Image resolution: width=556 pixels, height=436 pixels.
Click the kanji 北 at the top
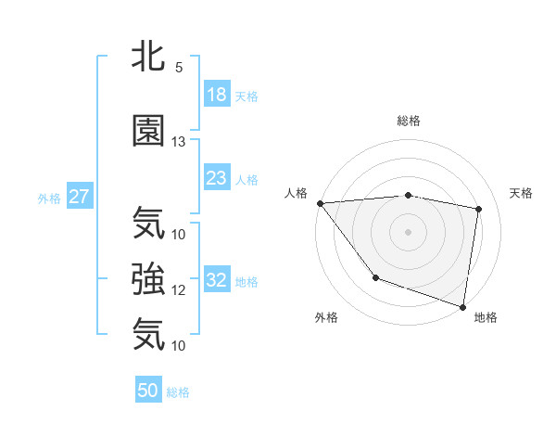pos(148,57)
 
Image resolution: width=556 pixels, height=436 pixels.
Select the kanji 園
pos(148,131)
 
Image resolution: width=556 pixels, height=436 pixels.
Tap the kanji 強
pos(148,278)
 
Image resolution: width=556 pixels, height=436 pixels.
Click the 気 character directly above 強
pos(148,223)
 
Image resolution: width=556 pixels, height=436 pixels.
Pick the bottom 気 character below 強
pos(148,334)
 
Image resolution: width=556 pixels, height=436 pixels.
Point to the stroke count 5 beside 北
pos(178,68)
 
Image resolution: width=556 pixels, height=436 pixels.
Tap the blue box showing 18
pos(217,95)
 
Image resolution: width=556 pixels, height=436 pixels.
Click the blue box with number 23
pos(217,178)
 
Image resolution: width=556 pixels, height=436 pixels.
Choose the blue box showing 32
pos(217,280)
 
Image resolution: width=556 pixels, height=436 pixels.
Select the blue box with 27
pos(80,197)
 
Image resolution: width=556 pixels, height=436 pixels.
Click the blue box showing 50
pos(148,391)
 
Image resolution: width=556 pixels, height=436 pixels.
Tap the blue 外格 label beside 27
pos(49,198)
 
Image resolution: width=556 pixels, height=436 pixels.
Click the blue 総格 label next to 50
pos(178,392)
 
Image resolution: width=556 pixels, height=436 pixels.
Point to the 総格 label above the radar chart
pos(408,121)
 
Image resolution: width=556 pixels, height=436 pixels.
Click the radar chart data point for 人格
pos(320,203)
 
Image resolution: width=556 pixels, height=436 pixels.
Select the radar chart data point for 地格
pos(462,305)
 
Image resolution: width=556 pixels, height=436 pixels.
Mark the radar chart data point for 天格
pos(479,209)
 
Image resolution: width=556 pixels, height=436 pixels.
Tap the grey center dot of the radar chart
pos(408,232)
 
